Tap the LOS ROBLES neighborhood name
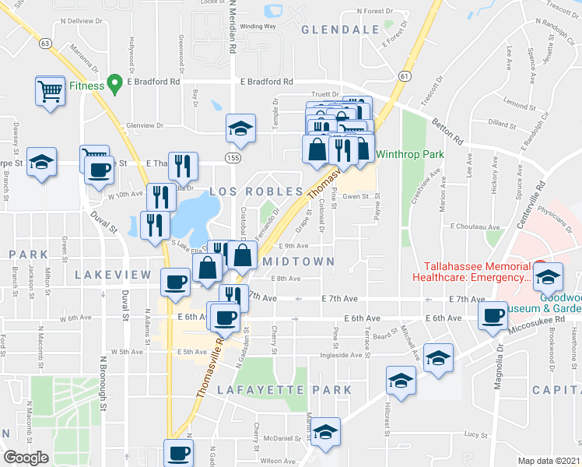pos(255,191)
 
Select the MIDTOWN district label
pos(299,262)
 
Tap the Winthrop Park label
pos(410,154)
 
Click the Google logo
pos(26,458)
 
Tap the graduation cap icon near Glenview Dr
pos(241,128)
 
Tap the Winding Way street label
pos(258,26)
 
